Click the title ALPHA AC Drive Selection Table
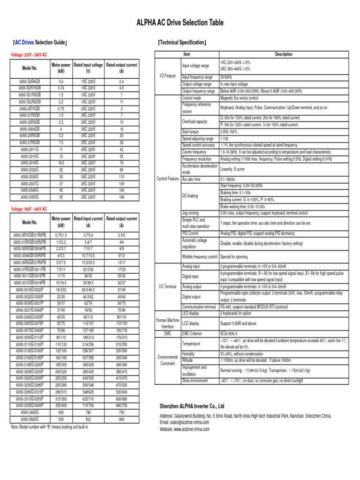coord(180,22)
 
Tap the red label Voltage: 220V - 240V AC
coord(29,55)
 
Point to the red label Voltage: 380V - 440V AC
coord(29,208)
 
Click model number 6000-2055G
coord(30,198)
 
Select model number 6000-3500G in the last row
coord(30,420)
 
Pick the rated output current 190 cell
coord(121,198)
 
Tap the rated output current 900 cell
coord(121,420)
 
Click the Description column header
coord(283,55)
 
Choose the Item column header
coord(187,55)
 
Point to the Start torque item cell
coord(191,132)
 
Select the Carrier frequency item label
coord(194,152)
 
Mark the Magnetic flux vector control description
coord(239,98)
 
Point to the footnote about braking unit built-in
coord(49,427)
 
